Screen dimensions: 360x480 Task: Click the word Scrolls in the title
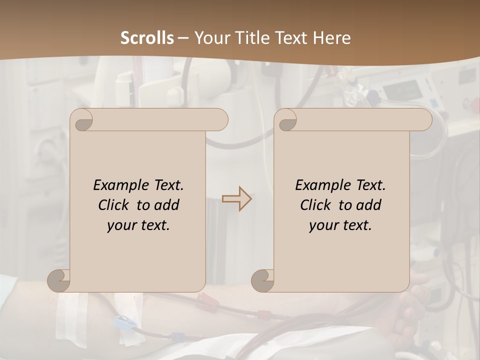point(147,38)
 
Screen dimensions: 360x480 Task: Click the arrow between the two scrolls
point(236,199)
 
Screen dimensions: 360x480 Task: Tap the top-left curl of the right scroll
point(286,120)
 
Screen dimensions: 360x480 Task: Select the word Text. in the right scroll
point(370,185)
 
